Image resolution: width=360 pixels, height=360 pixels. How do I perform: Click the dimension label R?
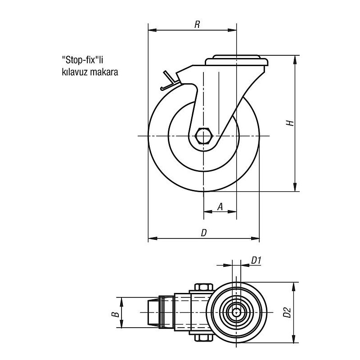click(x=197, y=24)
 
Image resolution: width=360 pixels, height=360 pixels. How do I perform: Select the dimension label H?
click(x=290, y=123)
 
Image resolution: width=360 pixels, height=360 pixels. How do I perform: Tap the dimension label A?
click(x=220, y=207)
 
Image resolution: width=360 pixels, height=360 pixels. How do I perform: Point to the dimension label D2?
click(x=287, y=312)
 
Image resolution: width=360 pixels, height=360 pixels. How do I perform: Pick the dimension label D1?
click(x=256, y=261)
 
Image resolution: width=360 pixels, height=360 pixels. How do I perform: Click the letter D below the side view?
click(x=204, y=233)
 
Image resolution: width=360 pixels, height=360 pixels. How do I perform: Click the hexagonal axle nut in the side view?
click(x=204, y=136)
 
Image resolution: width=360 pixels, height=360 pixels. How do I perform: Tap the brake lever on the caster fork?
click(x=170, y=81)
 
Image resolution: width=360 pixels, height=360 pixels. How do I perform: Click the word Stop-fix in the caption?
click(x=80, y=60)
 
